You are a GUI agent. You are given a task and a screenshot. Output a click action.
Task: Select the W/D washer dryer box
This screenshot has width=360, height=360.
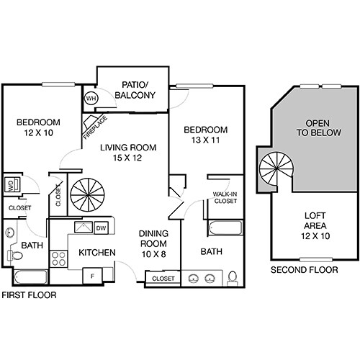click(x=12, y=185)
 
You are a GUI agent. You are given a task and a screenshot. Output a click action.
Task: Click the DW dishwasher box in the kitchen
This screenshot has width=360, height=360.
click(x=102, y=228)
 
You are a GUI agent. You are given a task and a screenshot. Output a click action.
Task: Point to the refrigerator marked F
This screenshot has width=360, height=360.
click(x=93, y=274)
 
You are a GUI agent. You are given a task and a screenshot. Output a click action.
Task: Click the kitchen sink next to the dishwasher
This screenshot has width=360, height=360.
click(x=80, y=229)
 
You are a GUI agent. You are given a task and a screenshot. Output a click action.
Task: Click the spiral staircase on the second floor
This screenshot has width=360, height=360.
click(x=276, y=170)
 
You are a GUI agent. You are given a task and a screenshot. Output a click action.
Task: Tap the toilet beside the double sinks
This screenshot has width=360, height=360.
click(x=233, y=277)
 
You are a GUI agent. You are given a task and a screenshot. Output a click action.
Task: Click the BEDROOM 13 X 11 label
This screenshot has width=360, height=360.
click(x=205, y=135)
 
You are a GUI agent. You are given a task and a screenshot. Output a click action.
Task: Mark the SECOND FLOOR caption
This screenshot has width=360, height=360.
click(x=303, y=270)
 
